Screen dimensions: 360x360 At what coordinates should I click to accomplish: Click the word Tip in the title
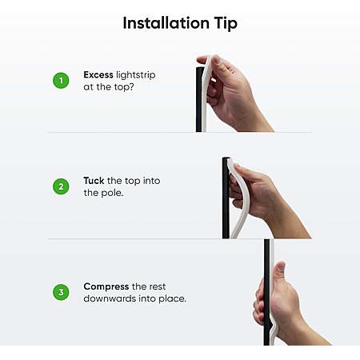[x=226, y=23]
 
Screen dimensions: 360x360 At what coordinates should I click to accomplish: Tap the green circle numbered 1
[x=61, y=81]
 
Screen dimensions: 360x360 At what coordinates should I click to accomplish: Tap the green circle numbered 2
[x=61, y=186]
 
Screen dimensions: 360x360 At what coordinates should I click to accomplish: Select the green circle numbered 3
[x=61, y=292]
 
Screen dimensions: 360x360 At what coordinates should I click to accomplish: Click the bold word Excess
[x=98, y=74]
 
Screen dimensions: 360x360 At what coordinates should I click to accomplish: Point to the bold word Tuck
[x=94, y=181]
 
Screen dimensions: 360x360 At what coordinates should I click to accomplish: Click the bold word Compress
[x=106, y=287]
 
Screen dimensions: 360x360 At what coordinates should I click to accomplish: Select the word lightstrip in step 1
[x=136, y=75]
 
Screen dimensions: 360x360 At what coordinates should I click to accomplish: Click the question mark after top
[x=131, y=86]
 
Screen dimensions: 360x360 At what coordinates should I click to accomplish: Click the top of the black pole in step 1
[x=200, y=69]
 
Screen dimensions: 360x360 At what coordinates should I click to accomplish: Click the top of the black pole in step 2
[x=226, y=158]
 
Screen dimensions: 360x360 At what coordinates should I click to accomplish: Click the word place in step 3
[x=172, y=298]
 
